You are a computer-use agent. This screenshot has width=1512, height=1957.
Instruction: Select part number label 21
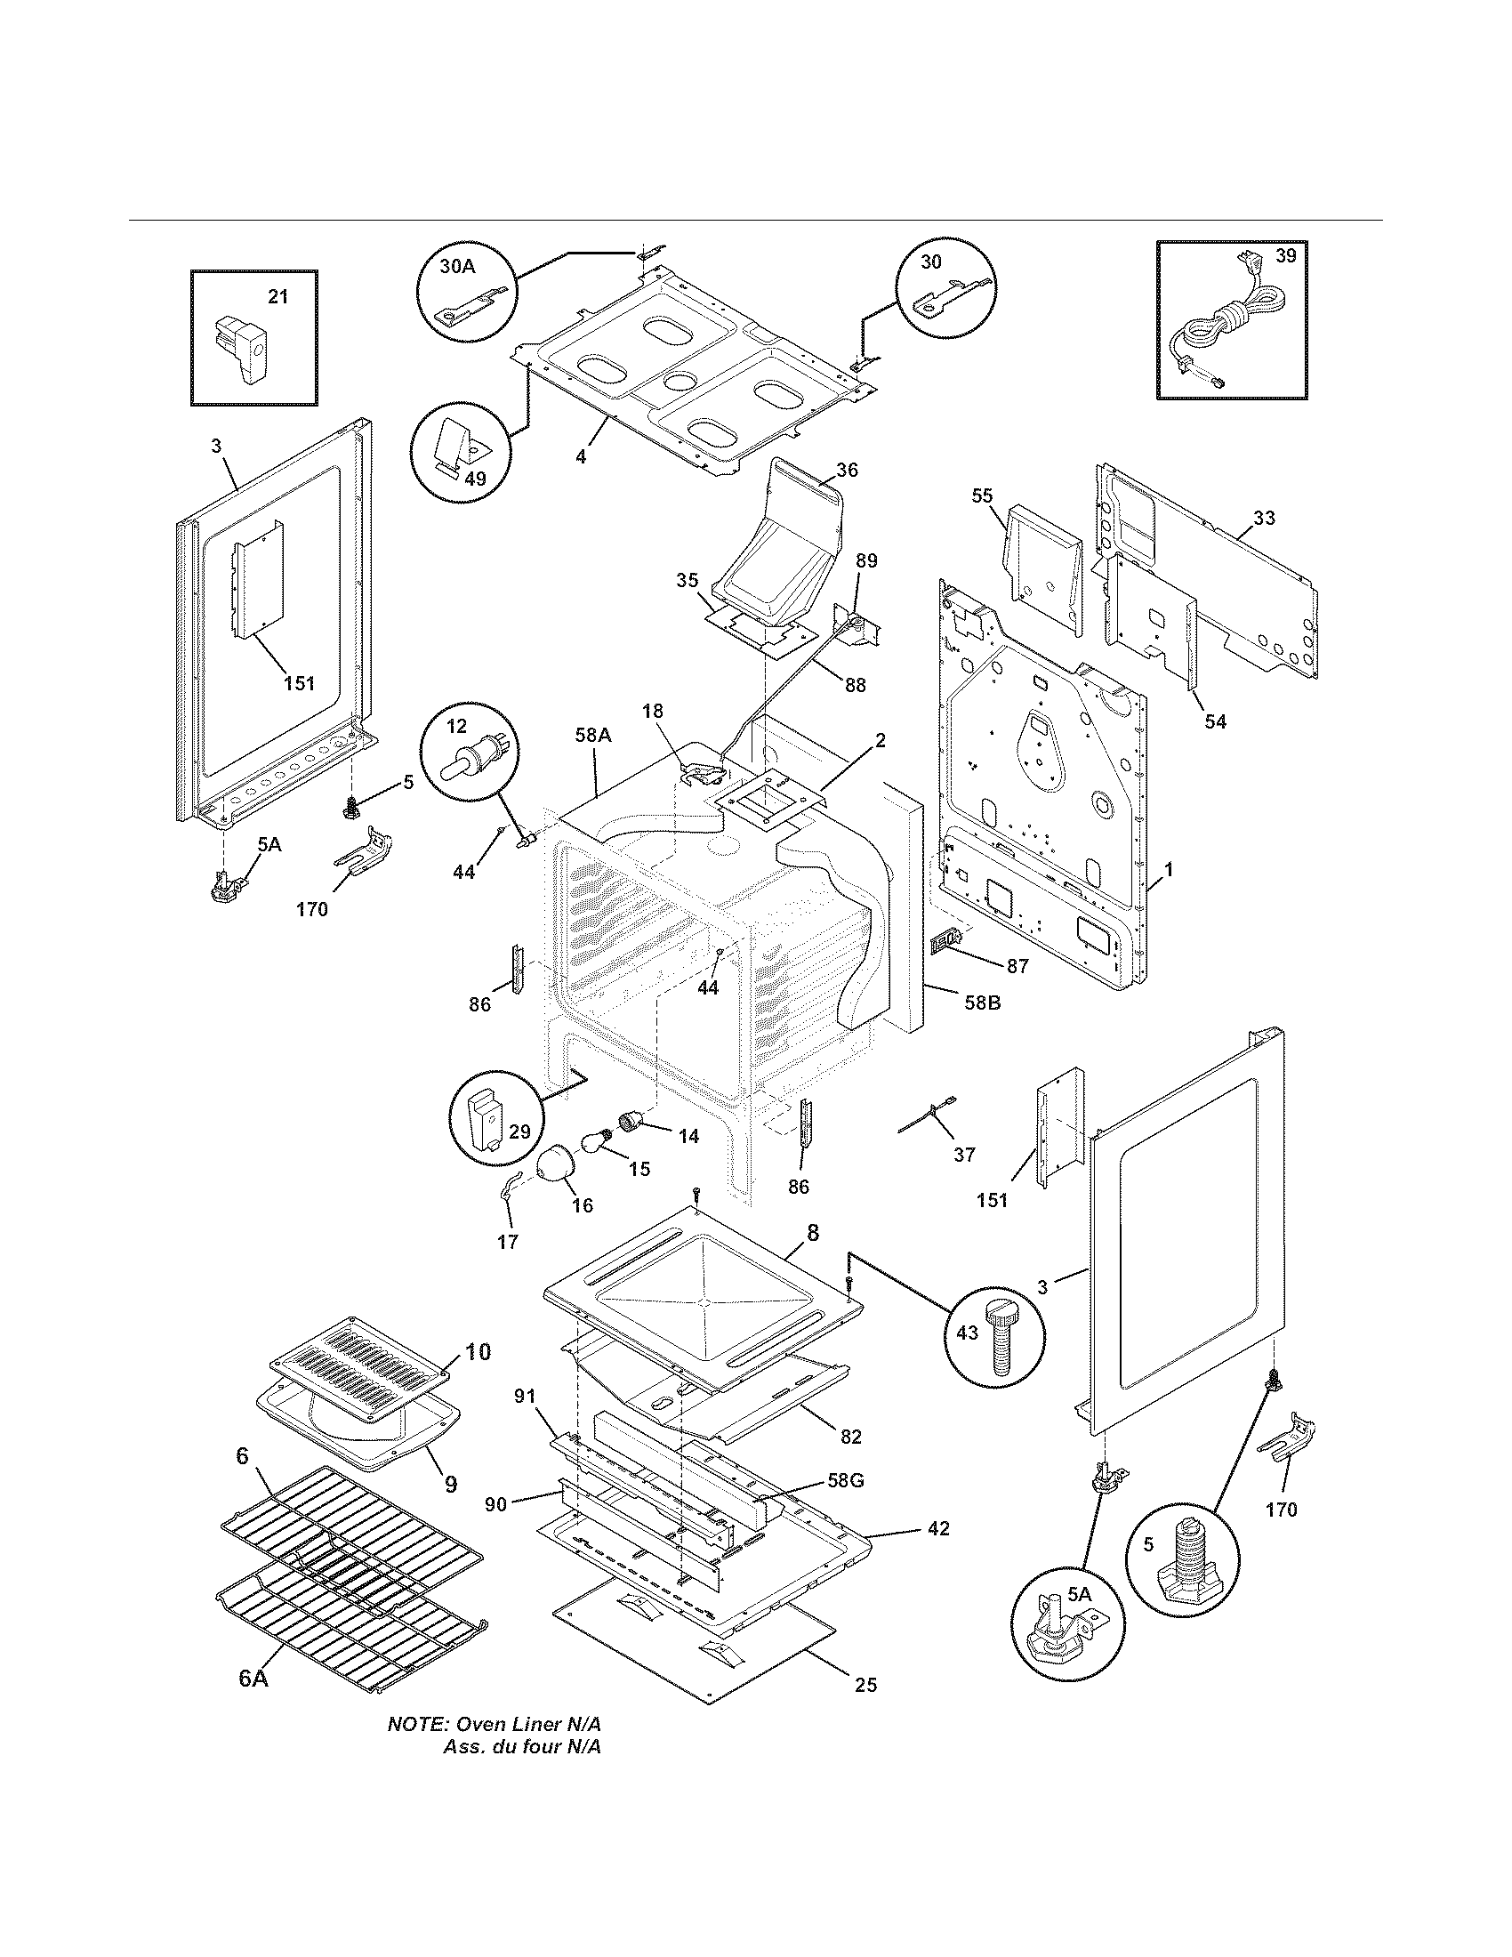point(277,295)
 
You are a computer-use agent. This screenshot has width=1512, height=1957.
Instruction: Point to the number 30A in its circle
point(457,266)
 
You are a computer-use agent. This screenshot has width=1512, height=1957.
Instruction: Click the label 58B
point(982,1003)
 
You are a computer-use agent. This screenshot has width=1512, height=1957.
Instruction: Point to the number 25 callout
point(865,1685)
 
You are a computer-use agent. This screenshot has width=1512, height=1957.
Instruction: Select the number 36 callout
point(847,470)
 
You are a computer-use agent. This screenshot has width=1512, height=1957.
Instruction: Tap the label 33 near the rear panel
point(1264,518)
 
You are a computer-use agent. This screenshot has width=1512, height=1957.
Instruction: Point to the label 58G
point(845,1480)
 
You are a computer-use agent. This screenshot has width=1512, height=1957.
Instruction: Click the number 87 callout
point(1017,966)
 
